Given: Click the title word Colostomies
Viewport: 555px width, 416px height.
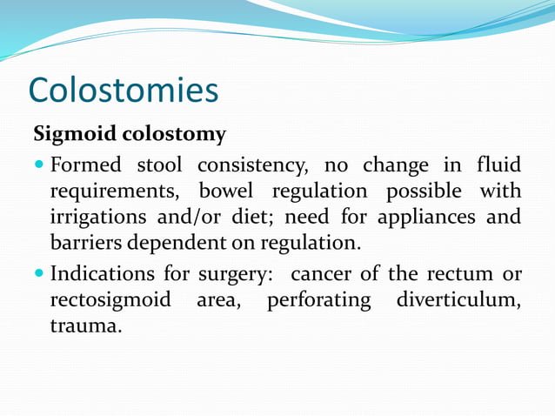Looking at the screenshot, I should (x=123, y=90).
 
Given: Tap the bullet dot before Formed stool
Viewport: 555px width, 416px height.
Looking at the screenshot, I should (x=40, y=165).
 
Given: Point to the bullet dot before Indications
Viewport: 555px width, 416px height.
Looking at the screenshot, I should (x=40, y=275).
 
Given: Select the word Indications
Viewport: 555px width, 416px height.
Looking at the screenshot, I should (x=100, y=274).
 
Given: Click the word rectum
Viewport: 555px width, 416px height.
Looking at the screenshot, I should (x=458, y=275).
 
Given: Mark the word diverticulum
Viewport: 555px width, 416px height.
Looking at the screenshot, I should (x=458, y=300).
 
